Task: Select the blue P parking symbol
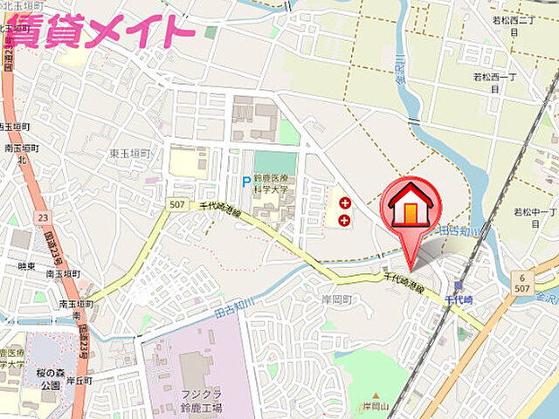tap(246, 183)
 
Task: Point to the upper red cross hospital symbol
tap(344, 202)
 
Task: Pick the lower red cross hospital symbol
tap(344, 219)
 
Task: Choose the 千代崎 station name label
tap(458, 299)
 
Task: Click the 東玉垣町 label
tap(129, 154)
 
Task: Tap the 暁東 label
tap(26, 266)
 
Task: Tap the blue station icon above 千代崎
tap(458, 285)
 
